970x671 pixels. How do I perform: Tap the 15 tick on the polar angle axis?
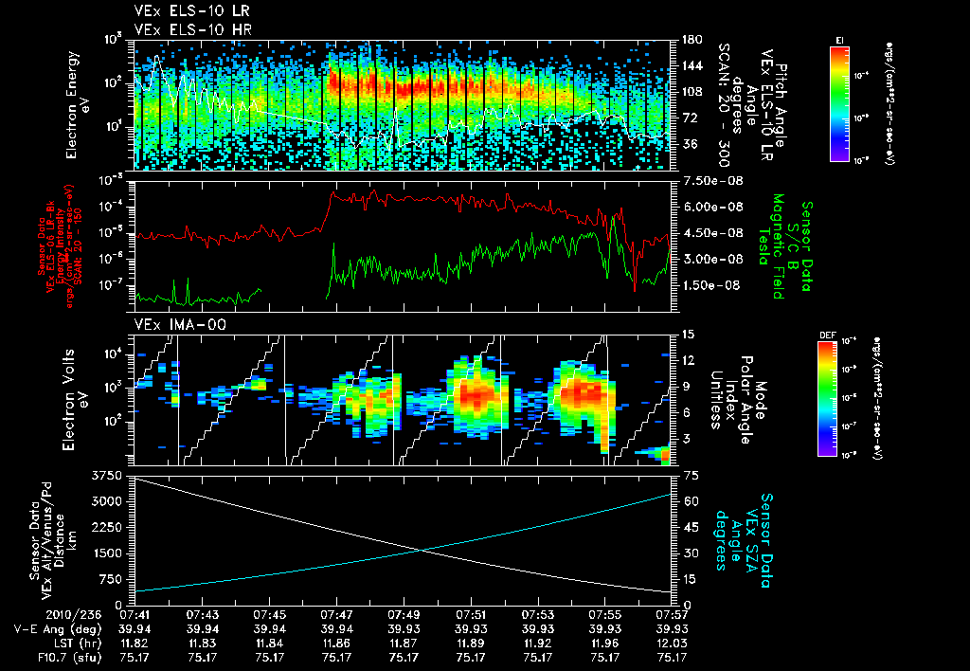tap(683, 335)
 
